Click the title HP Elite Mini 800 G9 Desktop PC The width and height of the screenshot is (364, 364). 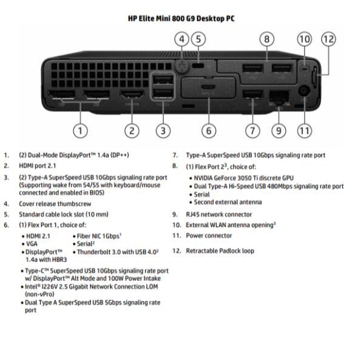(x=181, y=18)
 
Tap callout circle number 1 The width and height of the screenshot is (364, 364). (x=79, y=130)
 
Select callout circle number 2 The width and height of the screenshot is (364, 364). (x=132, y=130)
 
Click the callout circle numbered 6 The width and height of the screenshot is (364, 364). (x=207, y=130)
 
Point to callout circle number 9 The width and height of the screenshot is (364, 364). (x=278, y=130)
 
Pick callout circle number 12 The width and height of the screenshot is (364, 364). (x=328, y=39)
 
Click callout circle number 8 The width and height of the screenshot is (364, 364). (x=267, y=39)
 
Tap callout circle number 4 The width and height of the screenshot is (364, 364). (x=181, y=39)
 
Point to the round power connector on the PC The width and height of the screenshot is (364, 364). (x=304, y=93)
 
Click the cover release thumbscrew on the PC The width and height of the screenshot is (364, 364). (x=180, y=62)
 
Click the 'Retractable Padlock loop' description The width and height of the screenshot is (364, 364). (x=220, y=251)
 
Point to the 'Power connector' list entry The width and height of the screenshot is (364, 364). (x=209, y=235)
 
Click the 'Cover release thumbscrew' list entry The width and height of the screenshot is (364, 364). (x=55, y=204)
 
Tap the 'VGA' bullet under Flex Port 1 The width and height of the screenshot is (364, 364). (x=32, y=243)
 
